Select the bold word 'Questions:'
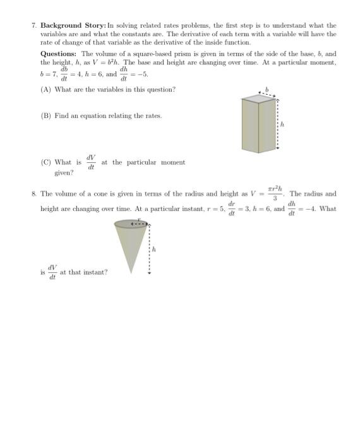[x=59, y=54]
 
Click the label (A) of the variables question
[x=45, y=90]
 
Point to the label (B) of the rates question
[x=45, y=116]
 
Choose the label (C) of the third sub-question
[x=45, y=162]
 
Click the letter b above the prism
[x=267, y=90]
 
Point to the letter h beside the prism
[x=282, y=124]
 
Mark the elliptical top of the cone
[x=131, y=224]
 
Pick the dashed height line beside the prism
[x=277, y=124]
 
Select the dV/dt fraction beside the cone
[x=52, y=273]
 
